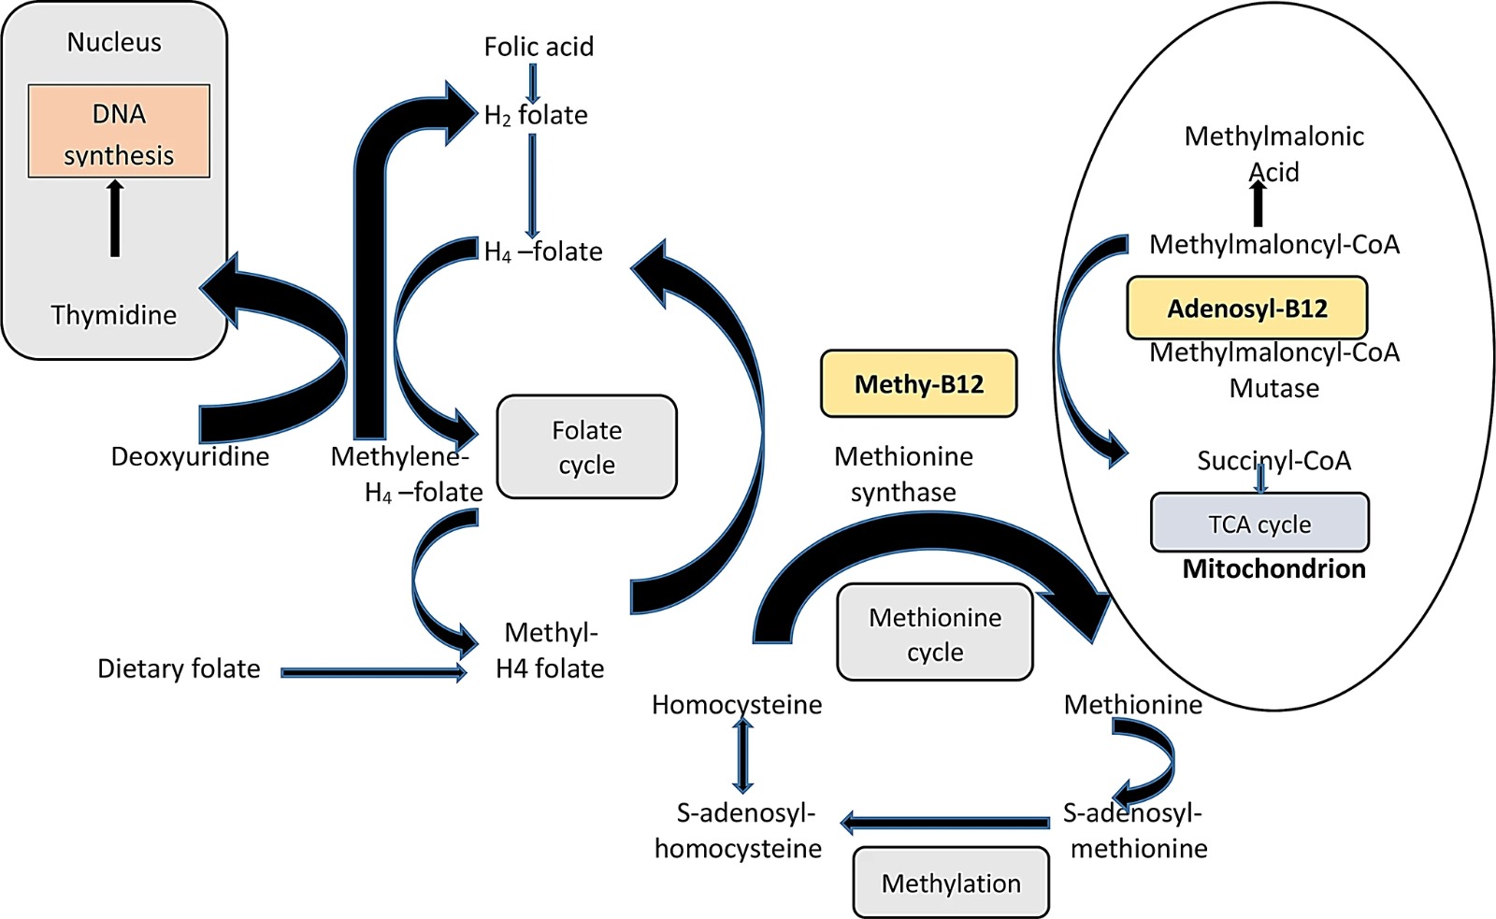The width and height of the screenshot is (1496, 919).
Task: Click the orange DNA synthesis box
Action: [119, 131]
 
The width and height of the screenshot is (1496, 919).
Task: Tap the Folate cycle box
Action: [586, 447]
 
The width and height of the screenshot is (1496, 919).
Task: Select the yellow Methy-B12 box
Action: [918, 383]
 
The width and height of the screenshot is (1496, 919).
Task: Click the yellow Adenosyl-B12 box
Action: [1246, 308]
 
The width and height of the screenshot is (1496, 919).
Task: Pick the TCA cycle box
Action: [1259, 523]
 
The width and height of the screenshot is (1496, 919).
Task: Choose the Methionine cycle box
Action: [934, 633]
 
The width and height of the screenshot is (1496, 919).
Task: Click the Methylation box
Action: [950, 883]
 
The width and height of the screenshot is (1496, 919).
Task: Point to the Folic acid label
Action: [539, 46]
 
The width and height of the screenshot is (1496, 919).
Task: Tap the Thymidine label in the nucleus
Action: [113, 314]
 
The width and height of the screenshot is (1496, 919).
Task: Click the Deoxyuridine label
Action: [190, 456]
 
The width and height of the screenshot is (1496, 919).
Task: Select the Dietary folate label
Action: [179, 668]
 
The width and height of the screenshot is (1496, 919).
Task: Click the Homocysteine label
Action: [737, 704]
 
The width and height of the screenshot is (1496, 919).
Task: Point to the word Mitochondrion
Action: [1273, 568]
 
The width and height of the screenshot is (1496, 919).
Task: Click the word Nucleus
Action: [114, 42]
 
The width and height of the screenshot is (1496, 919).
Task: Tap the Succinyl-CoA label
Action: [1273, 460]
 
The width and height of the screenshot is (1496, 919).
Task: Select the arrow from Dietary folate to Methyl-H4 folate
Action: [373, 672]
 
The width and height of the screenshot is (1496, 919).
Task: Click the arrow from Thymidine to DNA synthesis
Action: [115, 219]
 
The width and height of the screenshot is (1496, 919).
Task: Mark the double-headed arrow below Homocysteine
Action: [742, 756]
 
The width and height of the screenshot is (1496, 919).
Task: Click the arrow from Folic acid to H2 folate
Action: [533, 83]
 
